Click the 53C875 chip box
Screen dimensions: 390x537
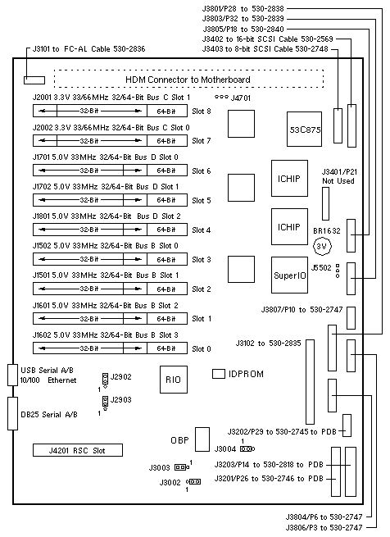[304, 129]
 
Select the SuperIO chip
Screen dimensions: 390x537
[289, 275]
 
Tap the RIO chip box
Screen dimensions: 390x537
[174, 380]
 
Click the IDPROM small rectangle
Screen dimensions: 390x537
[219, 374]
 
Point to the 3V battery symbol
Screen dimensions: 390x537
[322, 246]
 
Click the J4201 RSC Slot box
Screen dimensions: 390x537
[78, 450]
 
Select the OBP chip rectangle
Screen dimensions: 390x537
[202, 439]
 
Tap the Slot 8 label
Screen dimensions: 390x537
[202, 111]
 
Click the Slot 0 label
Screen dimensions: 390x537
[202, 349]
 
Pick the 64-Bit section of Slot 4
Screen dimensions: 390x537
[167, 230]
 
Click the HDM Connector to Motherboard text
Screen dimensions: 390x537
[188, 80]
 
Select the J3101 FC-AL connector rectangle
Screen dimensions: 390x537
[34, 80]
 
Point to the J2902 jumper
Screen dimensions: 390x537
[105, 380]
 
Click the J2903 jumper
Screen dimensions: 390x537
[105, 403]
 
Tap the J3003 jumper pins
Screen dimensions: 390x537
[182, 467]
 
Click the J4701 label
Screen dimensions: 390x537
[241, 98]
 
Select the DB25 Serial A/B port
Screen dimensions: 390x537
[12, 413]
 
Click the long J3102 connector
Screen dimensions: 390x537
[310, 382]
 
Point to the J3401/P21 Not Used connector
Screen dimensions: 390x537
[325, 204]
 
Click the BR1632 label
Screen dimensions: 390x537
[327, 231]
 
